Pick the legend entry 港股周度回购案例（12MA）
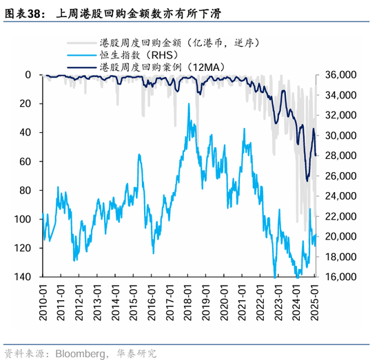coord(158,66)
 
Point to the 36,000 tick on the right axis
coord(339,74)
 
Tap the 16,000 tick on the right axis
coord(339,277)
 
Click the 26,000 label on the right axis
coord(339,176)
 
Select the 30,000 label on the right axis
coord(339,135)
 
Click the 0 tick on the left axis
coord(29,74)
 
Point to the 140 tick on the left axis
coord(23,277)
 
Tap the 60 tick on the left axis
coord(26,161)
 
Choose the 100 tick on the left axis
coord(23,219)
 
